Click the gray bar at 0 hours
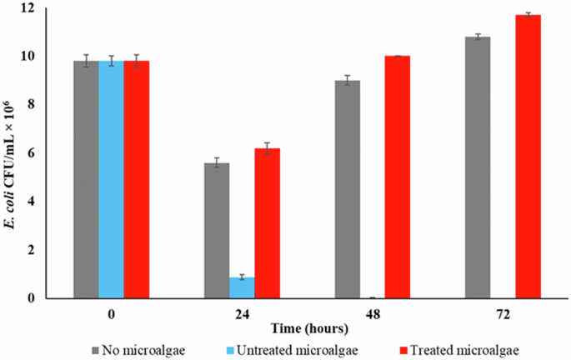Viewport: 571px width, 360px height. pyautogui.click(x=86, y=179)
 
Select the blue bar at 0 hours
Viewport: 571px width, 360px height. pyautogui.click(x=111, y=179)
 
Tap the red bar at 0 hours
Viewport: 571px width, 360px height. pyautogui.click(x=136, y=179)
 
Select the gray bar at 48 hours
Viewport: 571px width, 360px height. pyautogui.click(x=348, y=189)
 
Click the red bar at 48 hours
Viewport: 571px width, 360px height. pyautogui.click(x=398, y=177)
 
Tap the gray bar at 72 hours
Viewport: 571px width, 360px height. pyautogui.click(x=478, y=167)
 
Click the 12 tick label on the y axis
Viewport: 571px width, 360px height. pyautogui.click(x=31, y=8)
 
